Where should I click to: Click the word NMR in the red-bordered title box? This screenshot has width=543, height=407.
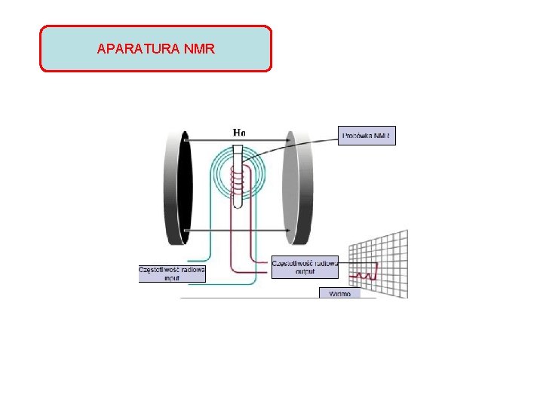click(199, 50)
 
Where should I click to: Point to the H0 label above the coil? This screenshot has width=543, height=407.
click(238, 133)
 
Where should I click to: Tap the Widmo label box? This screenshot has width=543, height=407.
click(339, 293)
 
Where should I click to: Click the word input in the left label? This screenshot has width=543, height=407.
click(172, 278)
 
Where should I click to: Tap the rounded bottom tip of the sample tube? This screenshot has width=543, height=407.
click(238, 205)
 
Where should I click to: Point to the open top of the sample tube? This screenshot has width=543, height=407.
click(238, 149)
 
